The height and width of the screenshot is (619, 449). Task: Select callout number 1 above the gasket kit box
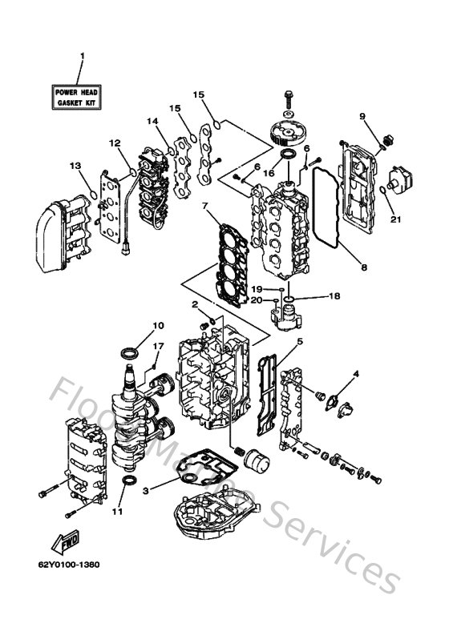click(81, 56)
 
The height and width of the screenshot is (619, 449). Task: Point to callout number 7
click(206, 206)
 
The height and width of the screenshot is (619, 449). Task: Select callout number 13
click(75, 166)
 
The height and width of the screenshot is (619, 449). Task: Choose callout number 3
click(145, 491)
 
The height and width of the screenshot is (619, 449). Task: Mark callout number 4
click(356, 373)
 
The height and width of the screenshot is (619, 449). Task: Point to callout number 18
click(334, 296)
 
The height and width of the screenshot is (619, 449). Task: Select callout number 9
click(362, 117)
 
